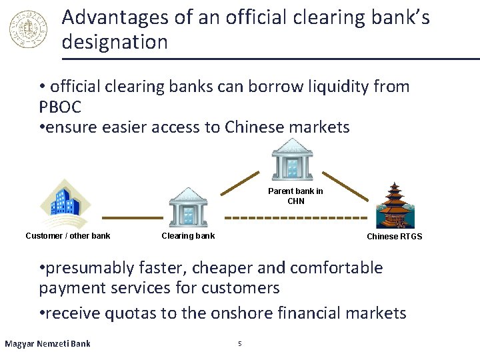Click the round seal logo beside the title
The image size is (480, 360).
tap(29, 29)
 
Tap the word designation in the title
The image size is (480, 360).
tap(115, 42)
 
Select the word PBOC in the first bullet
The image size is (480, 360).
tap(60, 107)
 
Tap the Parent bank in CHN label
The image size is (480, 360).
tap(295, 196)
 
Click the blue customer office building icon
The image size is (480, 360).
tap(63, 203)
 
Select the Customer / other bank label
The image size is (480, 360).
tap(68, 235)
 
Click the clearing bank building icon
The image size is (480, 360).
tap(188, 207)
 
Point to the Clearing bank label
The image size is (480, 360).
tap(188, 235)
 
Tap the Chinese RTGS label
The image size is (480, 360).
tap(394, 237)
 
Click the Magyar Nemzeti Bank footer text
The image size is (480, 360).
tap(47, 344)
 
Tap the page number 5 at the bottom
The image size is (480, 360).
tap(240, 344)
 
